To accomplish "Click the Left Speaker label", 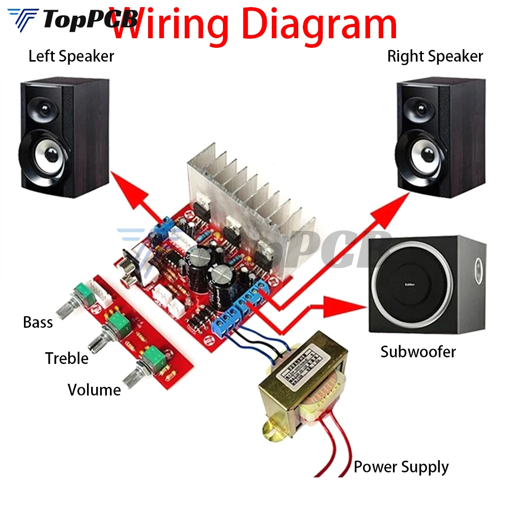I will coord(71,56).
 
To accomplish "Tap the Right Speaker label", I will coord(435,56).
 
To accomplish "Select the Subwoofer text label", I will coord(418,351).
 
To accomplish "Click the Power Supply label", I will coord(401,467).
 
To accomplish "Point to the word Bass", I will coord(38,322).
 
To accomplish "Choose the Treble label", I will coord(67,358).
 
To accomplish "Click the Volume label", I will coord(94,390).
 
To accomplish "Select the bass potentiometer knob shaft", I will coord(65,307).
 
